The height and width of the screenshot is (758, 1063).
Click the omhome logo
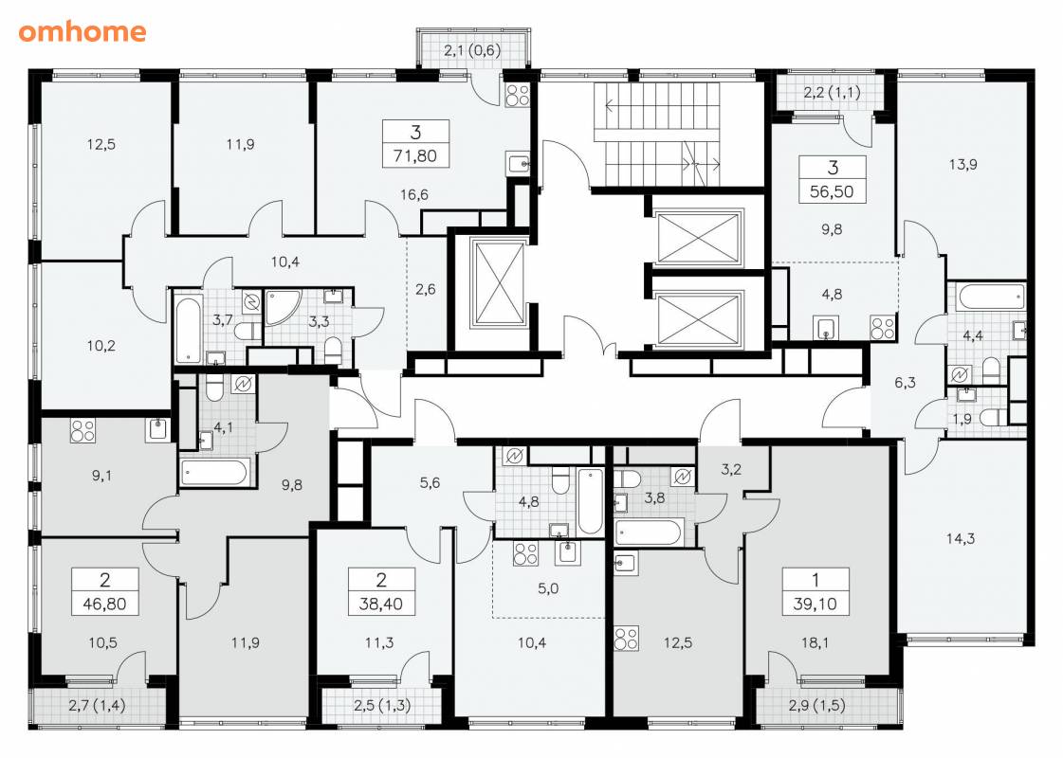tap(82, 31)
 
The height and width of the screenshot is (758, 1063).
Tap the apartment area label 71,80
tap(415, 155)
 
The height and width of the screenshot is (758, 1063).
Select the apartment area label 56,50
tap(832, 191)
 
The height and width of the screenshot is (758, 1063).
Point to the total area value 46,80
tap(104, 604)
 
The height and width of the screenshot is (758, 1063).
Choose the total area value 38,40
tap(381, 604)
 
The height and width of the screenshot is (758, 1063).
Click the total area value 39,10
tap(815, 604)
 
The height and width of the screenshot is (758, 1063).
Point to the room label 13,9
tap(962, 164)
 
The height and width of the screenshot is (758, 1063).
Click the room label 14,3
tap(961, 538)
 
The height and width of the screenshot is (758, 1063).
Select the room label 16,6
tap(413, 195)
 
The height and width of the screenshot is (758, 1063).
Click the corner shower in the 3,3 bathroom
tap(281, 307)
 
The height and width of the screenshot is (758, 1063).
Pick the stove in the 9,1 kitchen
tap(82, 431)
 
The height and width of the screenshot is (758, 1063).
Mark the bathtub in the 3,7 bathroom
tap(187, 329)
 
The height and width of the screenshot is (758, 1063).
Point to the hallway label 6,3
tap(905, 383)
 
